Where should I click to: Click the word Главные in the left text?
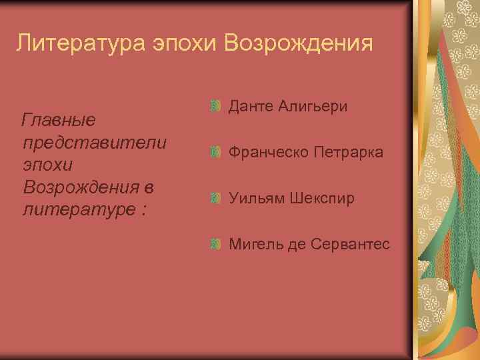59,121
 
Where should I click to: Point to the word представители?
94,143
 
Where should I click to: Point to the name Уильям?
257,199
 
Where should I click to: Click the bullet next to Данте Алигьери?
214,106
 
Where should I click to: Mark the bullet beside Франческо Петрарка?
214,152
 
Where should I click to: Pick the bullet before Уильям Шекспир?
214,198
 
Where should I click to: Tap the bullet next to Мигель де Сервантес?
214,244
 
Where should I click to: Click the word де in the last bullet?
295,245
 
